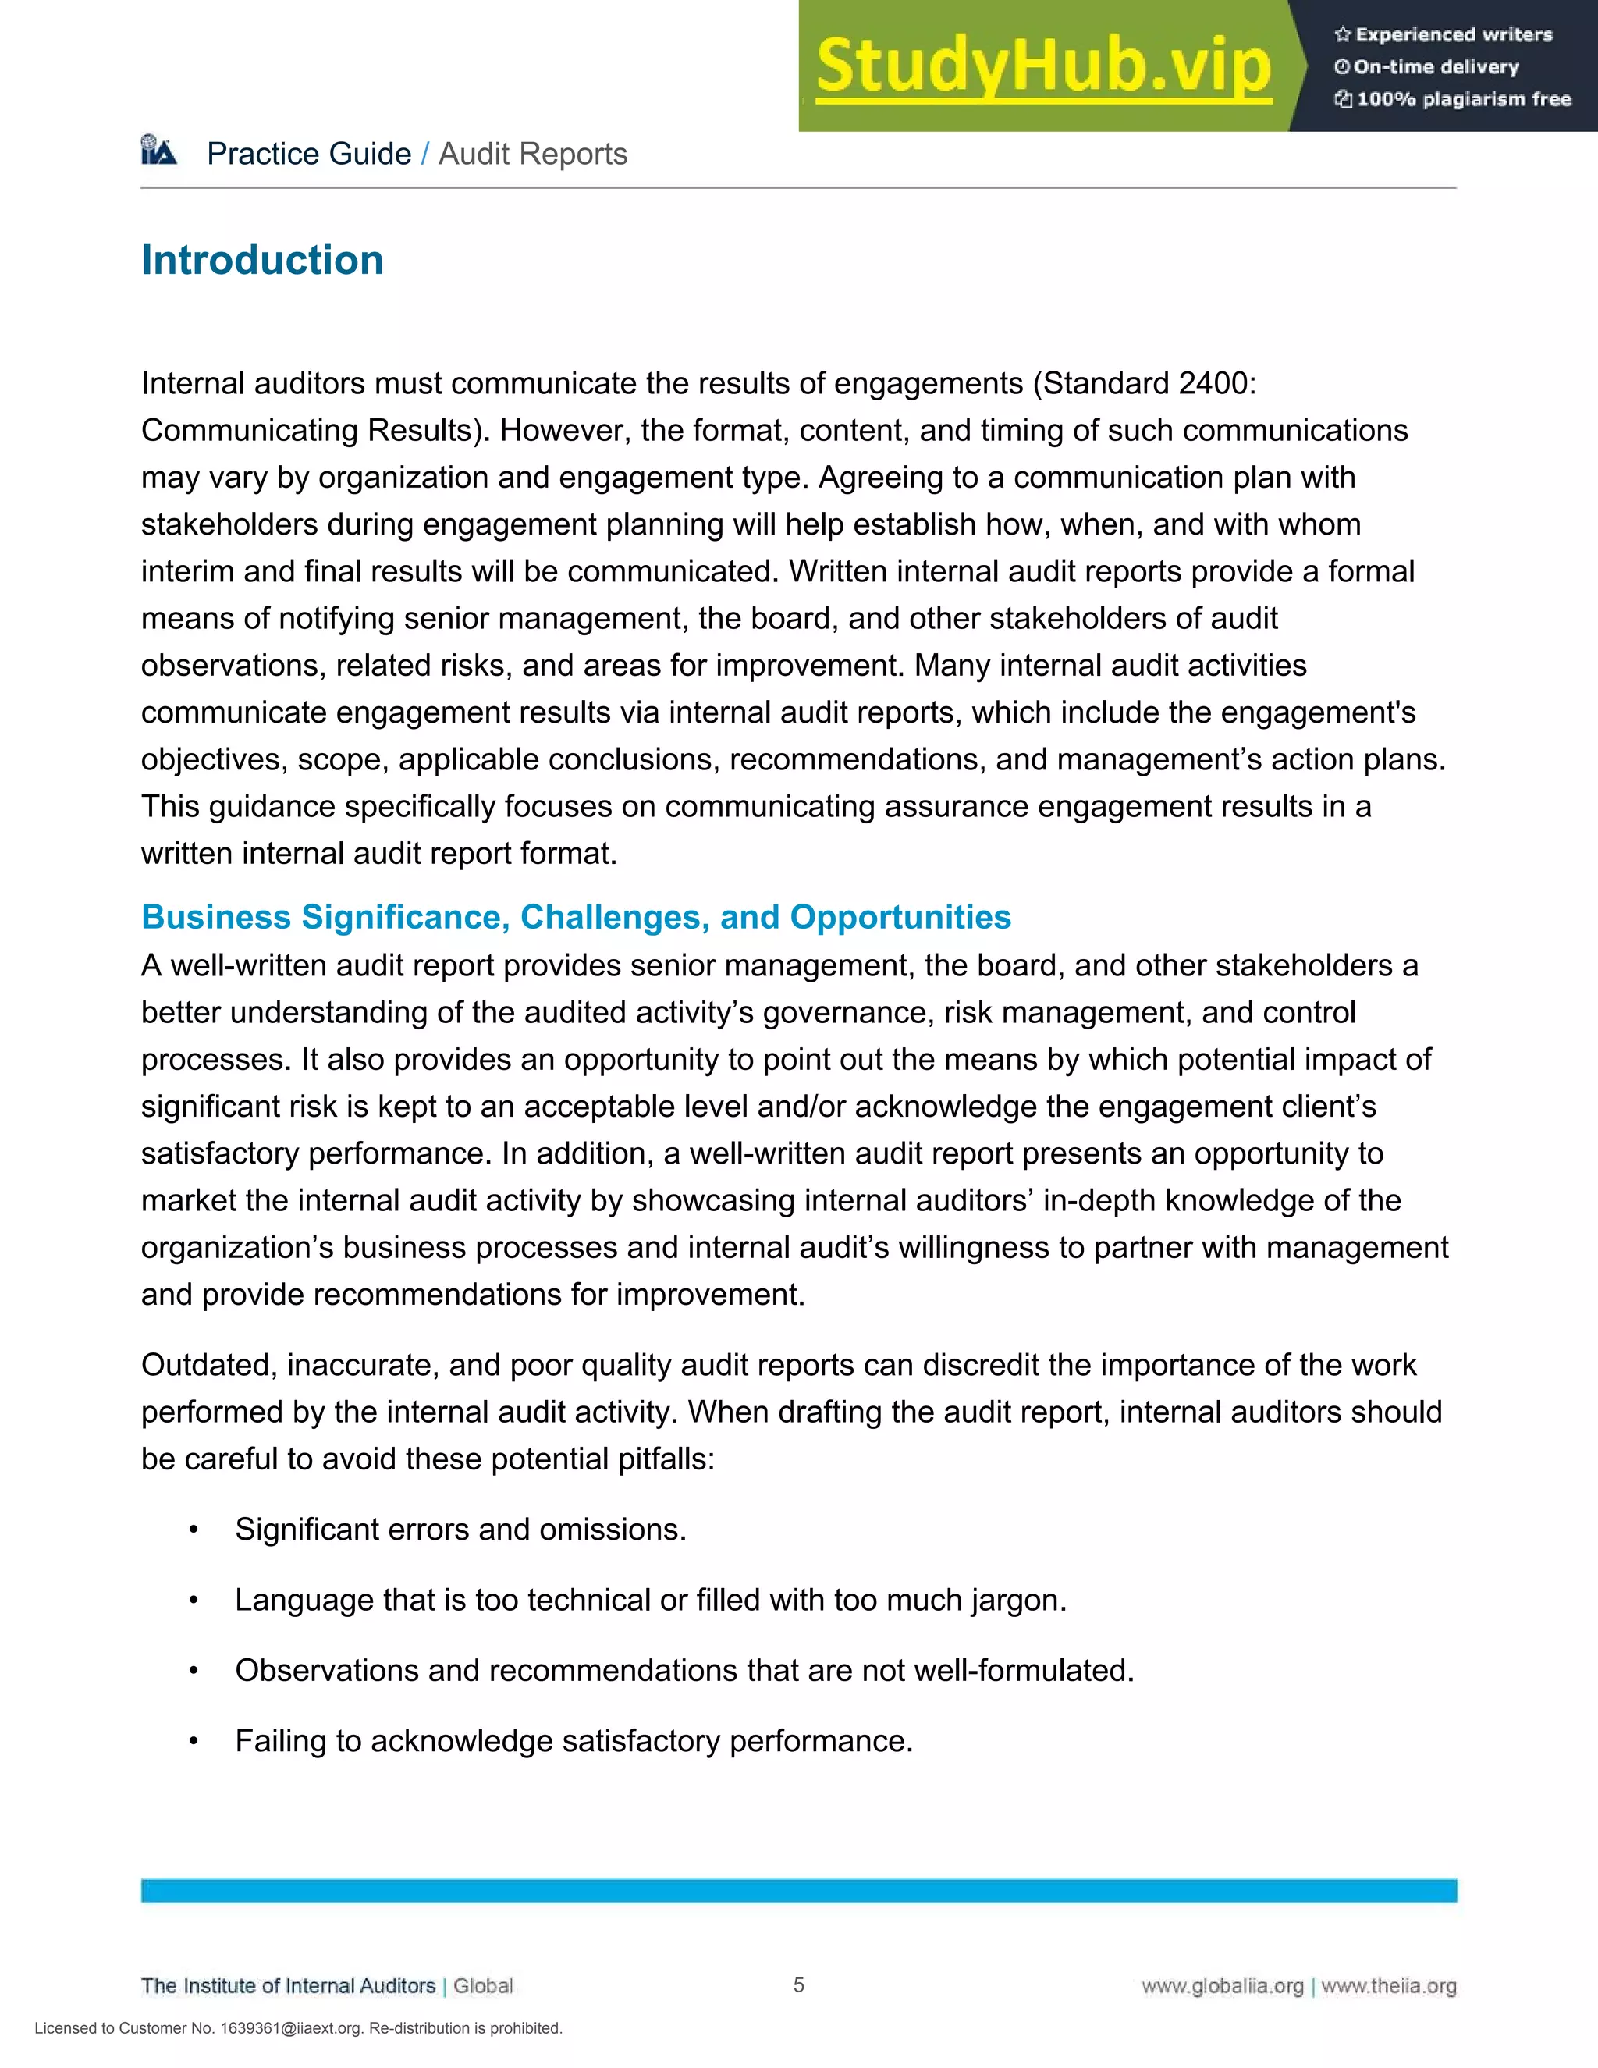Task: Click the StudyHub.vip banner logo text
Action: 1043,66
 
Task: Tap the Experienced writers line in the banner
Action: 1453,35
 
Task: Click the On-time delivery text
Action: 1435,67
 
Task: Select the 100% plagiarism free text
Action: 1464,99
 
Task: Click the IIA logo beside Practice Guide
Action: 159,151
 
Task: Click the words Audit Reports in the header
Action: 533,154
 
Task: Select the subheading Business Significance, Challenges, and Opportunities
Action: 576,917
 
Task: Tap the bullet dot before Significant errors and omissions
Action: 194,1530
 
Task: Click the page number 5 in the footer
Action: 799,1984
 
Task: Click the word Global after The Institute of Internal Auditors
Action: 483,1985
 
